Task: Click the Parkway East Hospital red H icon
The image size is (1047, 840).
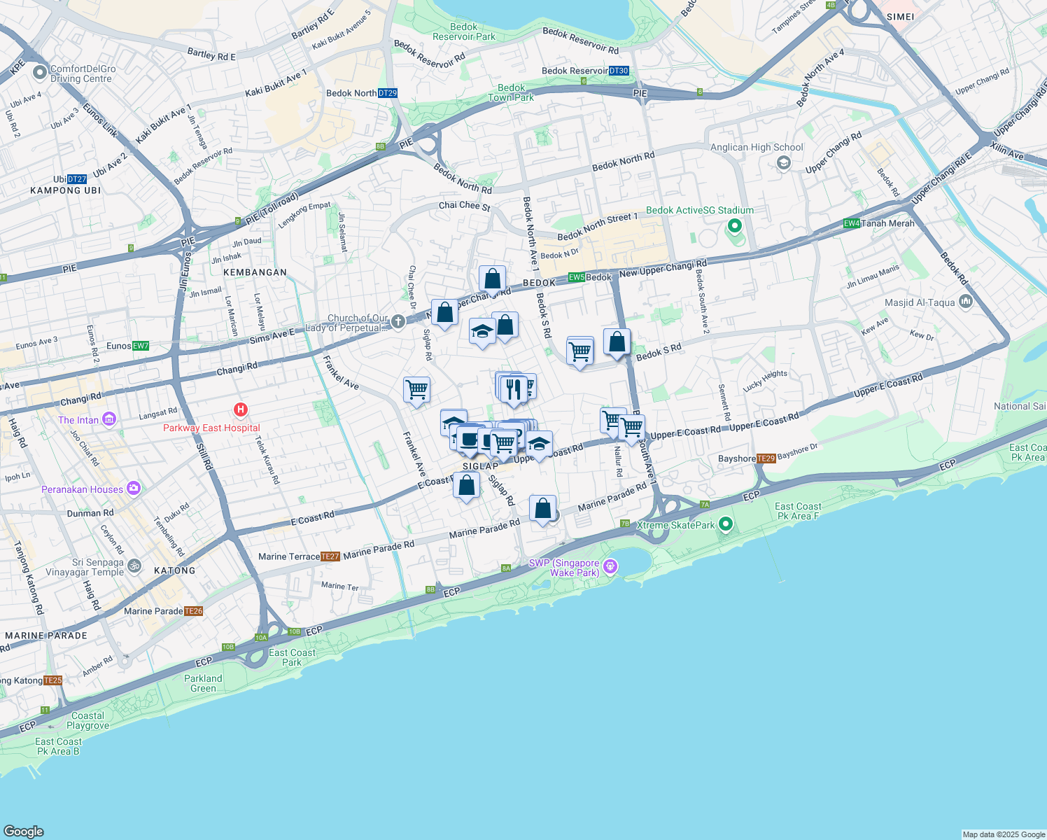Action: (241, 409)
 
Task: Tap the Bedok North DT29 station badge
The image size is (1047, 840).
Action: (388, 93)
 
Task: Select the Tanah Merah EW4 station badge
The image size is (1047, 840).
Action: (851, 223)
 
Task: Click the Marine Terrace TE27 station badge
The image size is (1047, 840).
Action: (330, 556)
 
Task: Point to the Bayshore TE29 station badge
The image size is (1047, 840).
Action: (766, 458)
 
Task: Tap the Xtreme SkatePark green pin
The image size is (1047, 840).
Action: (726, 524)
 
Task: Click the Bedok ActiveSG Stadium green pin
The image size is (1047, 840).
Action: (734, 225)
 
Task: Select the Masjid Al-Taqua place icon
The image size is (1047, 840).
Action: (966, 302)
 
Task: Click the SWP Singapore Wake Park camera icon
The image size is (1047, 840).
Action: (610, 566)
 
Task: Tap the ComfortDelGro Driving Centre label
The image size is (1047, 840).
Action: (83, 73)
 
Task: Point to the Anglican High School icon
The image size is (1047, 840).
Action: (783, 163)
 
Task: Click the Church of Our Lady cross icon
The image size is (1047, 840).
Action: (398, 321)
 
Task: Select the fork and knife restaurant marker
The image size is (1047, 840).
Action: (516, 388)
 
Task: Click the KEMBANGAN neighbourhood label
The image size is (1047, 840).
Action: (255, 272)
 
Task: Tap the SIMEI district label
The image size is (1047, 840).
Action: (900, 17)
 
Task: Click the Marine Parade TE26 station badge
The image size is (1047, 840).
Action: (193, 611)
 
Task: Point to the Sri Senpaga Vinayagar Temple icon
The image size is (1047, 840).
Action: (134, 566)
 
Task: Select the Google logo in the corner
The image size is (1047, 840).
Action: (23, 831)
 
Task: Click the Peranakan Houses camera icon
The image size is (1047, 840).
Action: (134, 488)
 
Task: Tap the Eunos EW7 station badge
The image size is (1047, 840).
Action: (140, 346)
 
